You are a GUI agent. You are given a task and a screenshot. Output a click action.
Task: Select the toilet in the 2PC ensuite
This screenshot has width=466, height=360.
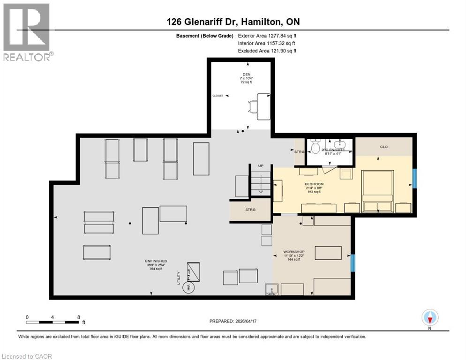coord(316,147)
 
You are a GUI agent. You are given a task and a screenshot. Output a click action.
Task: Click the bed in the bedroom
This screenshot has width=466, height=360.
coord(378,191)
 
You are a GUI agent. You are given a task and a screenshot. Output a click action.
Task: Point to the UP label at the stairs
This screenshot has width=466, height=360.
coord(261,166)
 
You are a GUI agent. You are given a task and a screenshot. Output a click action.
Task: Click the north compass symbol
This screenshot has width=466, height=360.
coord(429,318)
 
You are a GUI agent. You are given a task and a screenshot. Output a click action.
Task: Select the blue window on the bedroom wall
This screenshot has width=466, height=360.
coord(414,178)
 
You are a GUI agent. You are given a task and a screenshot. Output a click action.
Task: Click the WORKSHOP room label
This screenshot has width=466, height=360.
coord(293,252)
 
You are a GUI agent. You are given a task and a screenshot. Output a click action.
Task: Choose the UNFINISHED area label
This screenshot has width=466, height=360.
coord(156,261)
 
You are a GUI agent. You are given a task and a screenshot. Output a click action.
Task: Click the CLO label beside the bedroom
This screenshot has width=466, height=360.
coord(383,147)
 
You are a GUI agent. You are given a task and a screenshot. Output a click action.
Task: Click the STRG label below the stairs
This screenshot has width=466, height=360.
coord(250,210)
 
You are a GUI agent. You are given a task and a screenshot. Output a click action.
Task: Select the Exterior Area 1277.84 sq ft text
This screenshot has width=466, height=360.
coord(267,35)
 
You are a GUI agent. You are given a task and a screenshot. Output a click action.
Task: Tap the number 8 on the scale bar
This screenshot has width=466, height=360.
coord(77,317)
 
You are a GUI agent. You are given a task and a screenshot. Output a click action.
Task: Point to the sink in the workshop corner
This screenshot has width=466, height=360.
coord(271,289)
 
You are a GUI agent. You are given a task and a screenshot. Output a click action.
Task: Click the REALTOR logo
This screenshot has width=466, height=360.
coord(27,32)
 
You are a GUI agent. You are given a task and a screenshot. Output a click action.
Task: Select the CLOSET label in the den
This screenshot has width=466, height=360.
coord(218,95)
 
